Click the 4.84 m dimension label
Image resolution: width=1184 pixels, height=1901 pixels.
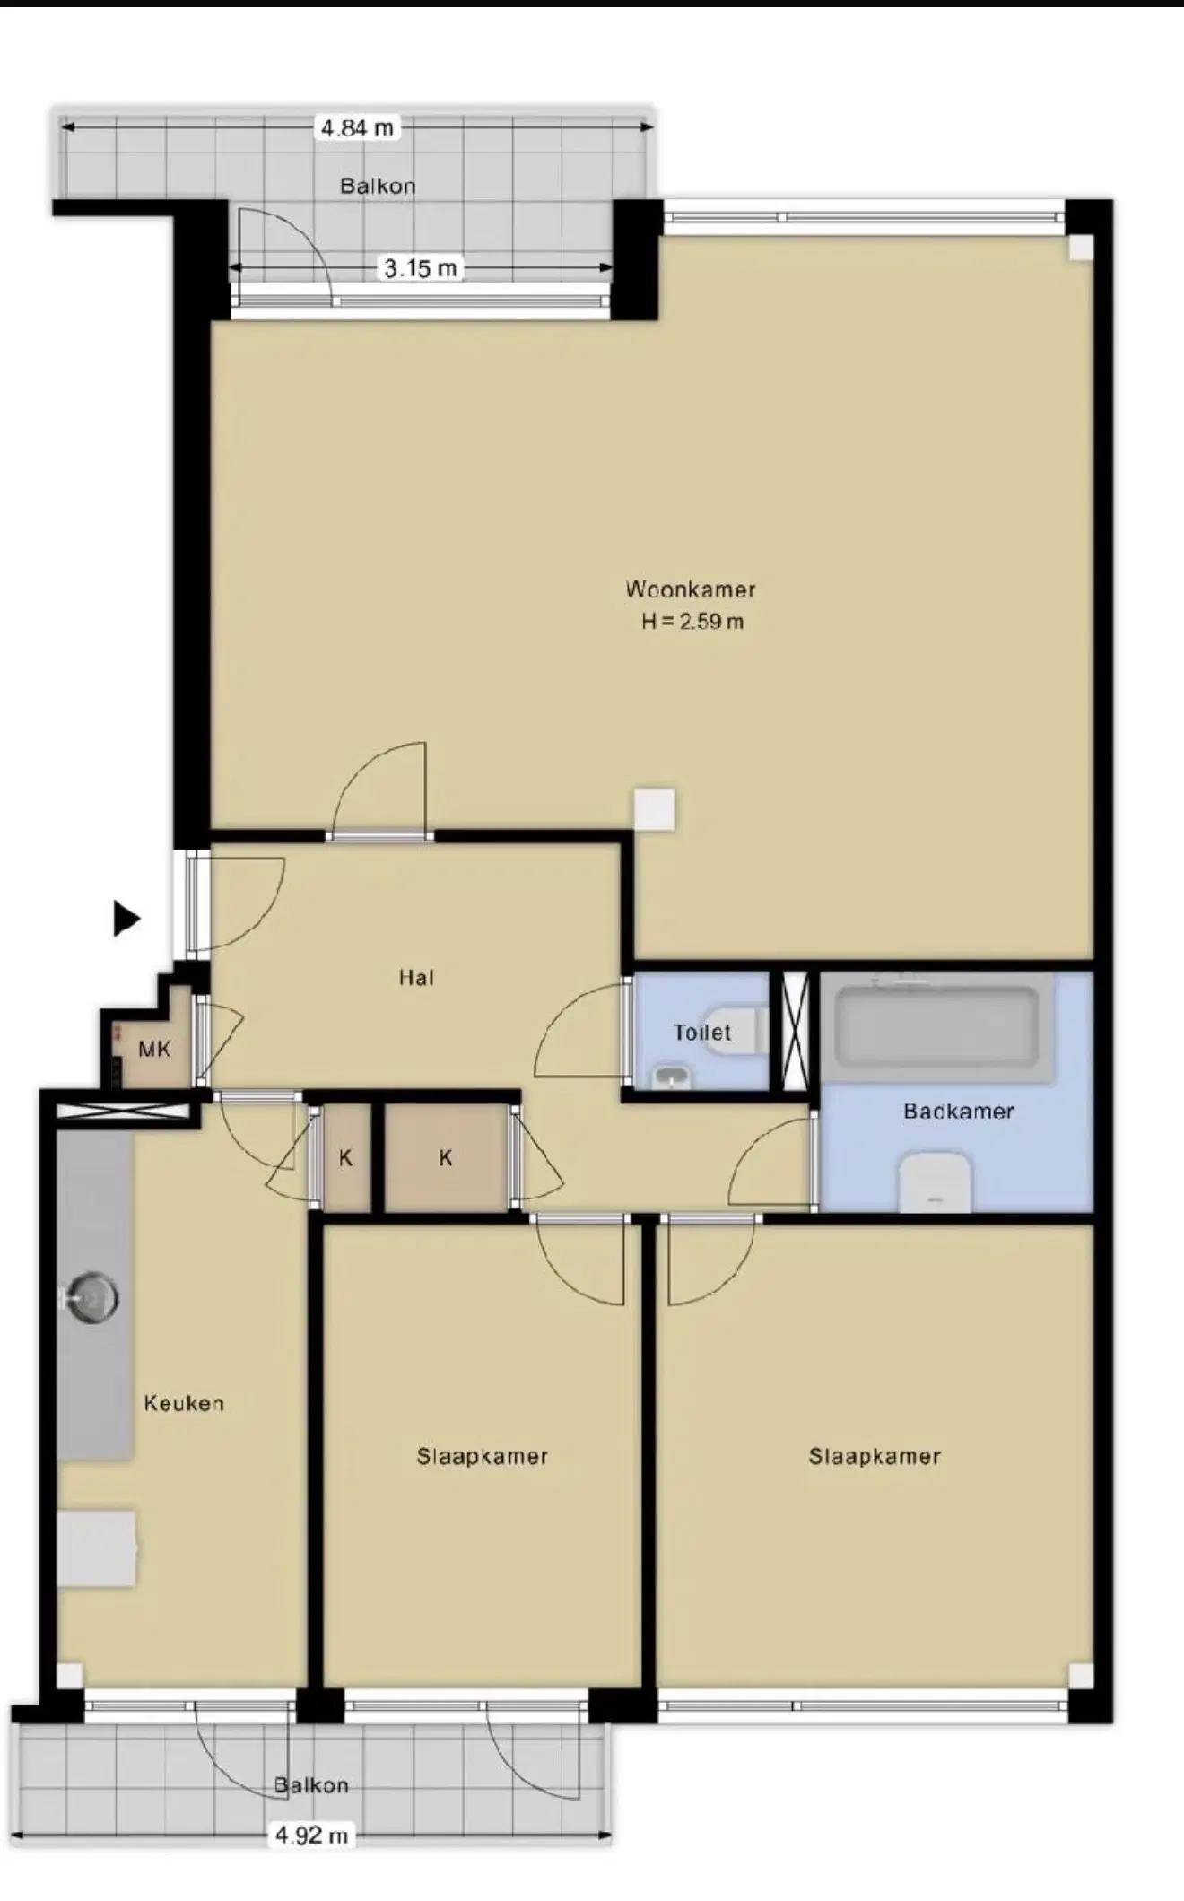pyautogui.click(x=357, y=128)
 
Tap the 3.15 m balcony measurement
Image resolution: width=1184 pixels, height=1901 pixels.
pyautogui.click(x=421, y=267)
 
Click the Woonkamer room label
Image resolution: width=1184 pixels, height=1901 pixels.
pyautogui.click(x=691, y=589)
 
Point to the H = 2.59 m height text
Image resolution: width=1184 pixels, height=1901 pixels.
pyautogui.click(x=692, y=621)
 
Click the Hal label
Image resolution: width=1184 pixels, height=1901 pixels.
pyautogui.click(x=416, y=977)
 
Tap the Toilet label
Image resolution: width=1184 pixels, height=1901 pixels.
pyautogui.click(x=702, y=1032)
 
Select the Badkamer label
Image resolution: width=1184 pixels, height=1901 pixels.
pyautogui.click(x=959, y=1111)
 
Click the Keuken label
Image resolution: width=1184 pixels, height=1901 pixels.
pyautogui.click(x=184, y=1403)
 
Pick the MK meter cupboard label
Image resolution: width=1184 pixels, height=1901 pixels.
pyautogui.click(x=154, y=1048)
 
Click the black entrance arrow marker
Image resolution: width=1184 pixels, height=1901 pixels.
pyautogui.click(x=126, y=918)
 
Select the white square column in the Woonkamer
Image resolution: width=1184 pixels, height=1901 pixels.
pyautogui.click(x=654, y=809)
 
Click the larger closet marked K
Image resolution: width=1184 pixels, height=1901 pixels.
pyautogui.click(x=446, y=1157)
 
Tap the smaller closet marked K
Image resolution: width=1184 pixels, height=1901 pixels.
pyautogui.click(x=346, y=1157)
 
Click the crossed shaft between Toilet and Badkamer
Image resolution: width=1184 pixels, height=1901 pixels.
pyautogui.click(x=796, y=1031)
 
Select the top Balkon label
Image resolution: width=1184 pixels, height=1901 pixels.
pyautogui.click(x=378, y=186)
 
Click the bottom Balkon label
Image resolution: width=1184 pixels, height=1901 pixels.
pyautogui.click(x=311, y=1784)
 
